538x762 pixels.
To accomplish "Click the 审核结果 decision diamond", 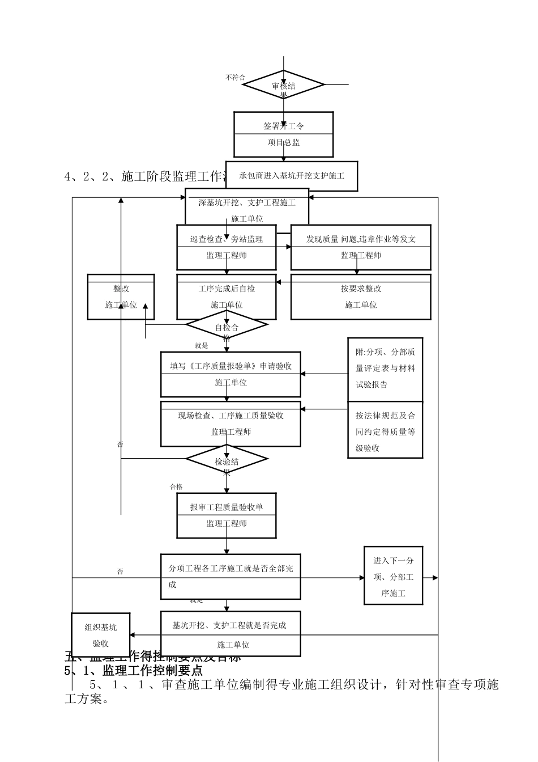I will (x=283, y=85).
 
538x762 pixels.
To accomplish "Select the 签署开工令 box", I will (x=283, y=134).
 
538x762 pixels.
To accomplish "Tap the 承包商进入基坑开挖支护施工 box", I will (x=292, y=176).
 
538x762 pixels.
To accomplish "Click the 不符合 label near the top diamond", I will (x=235, y=77).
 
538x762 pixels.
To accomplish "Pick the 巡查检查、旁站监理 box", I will (x=227, y=247).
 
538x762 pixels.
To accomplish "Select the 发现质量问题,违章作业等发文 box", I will (x=361, y=247).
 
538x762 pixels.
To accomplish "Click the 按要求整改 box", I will (x=361, y=297).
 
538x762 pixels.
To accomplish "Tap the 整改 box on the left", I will (x=121, y=297).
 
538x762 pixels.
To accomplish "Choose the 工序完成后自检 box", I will (x=227, y=297).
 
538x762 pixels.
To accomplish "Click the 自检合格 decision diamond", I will (x=227, y=325).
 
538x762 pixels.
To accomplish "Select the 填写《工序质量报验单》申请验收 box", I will (x=230, y=374).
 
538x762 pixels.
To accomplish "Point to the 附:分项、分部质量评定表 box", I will (x=385, y=369).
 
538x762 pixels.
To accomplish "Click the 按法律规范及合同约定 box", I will (x=385, y=431).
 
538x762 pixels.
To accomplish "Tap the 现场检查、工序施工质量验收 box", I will (x=230, y=424).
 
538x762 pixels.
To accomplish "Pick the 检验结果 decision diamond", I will (x=227, y=460).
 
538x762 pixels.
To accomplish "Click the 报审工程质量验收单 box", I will (x=227, y=515).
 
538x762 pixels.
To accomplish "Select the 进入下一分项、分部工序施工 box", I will (x=393, y=577).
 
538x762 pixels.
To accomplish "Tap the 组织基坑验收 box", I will (x=101, y=634).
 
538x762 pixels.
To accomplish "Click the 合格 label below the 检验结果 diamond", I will (x=176, y=486).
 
